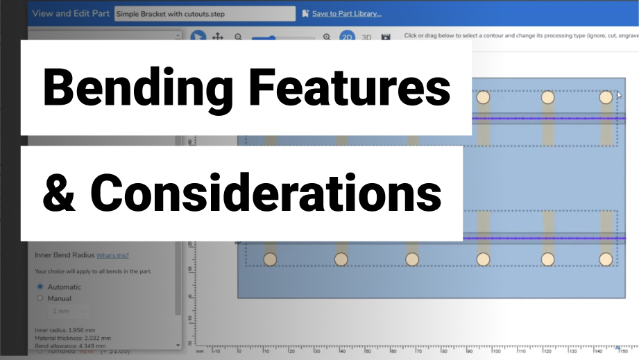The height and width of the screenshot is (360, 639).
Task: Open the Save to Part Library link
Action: point(350,13)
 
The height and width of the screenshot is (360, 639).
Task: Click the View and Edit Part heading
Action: point(69,13)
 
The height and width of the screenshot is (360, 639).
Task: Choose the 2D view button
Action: point(346,37)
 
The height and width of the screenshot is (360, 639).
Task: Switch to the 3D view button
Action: point(366,37)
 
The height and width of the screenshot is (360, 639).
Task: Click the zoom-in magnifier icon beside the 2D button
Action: point(327,37)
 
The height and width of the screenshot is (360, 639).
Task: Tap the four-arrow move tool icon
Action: point(217,37)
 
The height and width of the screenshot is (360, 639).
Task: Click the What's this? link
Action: point(112,255)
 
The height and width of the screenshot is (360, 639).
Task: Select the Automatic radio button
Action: point(40,286)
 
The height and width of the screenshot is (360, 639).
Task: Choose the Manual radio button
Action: point(40,298)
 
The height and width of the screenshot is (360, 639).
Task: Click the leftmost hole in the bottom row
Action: point(270,259)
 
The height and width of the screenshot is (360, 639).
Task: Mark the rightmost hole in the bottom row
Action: point(606,259)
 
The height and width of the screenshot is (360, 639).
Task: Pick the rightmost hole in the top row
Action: point(606,97)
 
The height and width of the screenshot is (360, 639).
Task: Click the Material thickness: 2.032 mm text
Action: point(71,338)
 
